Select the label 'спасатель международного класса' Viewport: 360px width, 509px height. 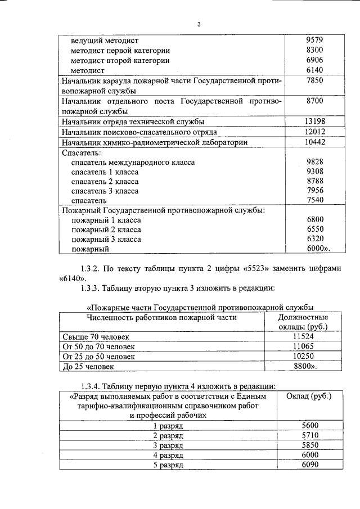(133, 162)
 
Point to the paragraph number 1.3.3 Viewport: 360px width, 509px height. (90, 289)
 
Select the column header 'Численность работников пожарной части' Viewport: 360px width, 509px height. (161, 318)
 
